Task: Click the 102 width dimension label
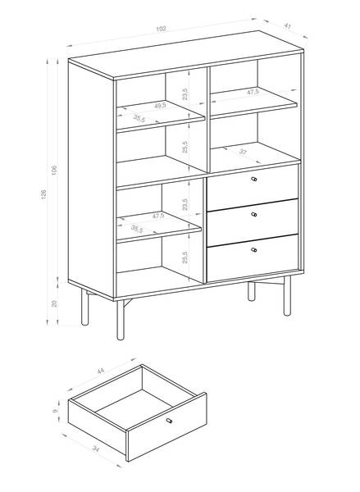161,29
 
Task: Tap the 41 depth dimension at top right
287,26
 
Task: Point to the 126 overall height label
43,194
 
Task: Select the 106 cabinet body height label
54,170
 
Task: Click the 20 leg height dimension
54,303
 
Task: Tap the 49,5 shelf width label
160,106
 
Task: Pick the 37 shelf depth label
243,152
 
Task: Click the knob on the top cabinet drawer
254,179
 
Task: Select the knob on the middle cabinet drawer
254,215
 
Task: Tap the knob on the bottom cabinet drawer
254,250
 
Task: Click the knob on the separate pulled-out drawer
169,421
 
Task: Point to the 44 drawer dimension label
100,371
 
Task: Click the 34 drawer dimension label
96,449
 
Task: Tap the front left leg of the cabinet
121,320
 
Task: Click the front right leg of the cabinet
287,295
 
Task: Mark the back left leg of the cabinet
84,307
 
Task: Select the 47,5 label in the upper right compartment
253,92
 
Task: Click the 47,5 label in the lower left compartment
158,216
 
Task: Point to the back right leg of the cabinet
252,291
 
